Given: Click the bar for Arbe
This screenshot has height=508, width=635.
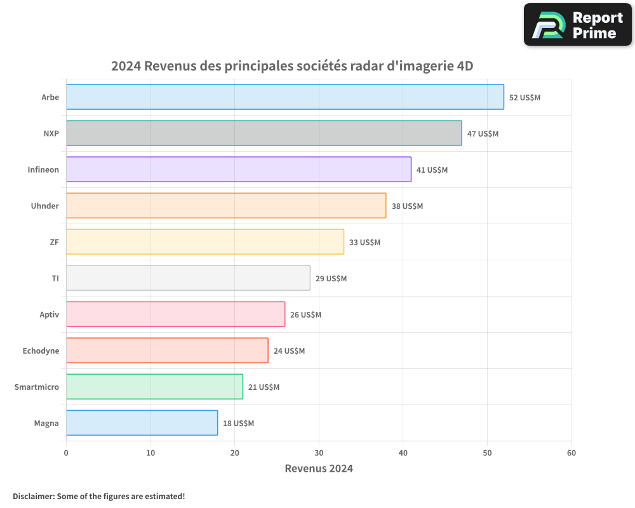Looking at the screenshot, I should [x=284, y=97].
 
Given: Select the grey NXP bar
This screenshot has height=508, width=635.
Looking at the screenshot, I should [x=264, y=133].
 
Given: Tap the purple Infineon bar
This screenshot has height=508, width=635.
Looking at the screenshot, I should [x=239, y=170].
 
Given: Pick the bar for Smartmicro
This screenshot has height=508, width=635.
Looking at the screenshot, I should [x=154, y=387].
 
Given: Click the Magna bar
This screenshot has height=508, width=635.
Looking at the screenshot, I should [x=142, y=423].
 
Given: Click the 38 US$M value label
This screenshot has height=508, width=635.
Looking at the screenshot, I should [x=407, y=206].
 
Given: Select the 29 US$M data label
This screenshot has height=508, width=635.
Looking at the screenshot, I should [x=331, y=279].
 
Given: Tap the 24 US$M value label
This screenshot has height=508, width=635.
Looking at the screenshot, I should [x=289, y=351].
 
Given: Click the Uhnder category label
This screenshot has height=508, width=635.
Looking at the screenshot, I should [x=45, y=206].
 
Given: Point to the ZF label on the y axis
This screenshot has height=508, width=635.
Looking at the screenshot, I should [x=54, y=242].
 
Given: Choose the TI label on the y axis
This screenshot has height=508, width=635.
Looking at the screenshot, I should [x=55, y=278].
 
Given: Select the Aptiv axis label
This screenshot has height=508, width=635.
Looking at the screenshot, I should [x=49, y=314].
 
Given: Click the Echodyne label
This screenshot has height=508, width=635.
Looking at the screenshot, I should [x=41, y=351].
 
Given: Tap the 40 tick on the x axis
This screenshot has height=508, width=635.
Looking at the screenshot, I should [x=403, y=453].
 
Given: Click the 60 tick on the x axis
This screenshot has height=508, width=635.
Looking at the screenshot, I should [x=571, y=453].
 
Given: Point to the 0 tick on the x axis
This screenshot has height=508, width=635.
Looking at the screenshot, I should [x=66, y=453].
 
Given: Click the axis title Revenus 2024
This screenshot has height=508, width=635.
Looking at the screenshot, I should [x=318, y=469].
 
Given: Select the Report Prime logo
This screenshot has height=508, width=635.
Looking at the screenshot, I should [x=577, y=25].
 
